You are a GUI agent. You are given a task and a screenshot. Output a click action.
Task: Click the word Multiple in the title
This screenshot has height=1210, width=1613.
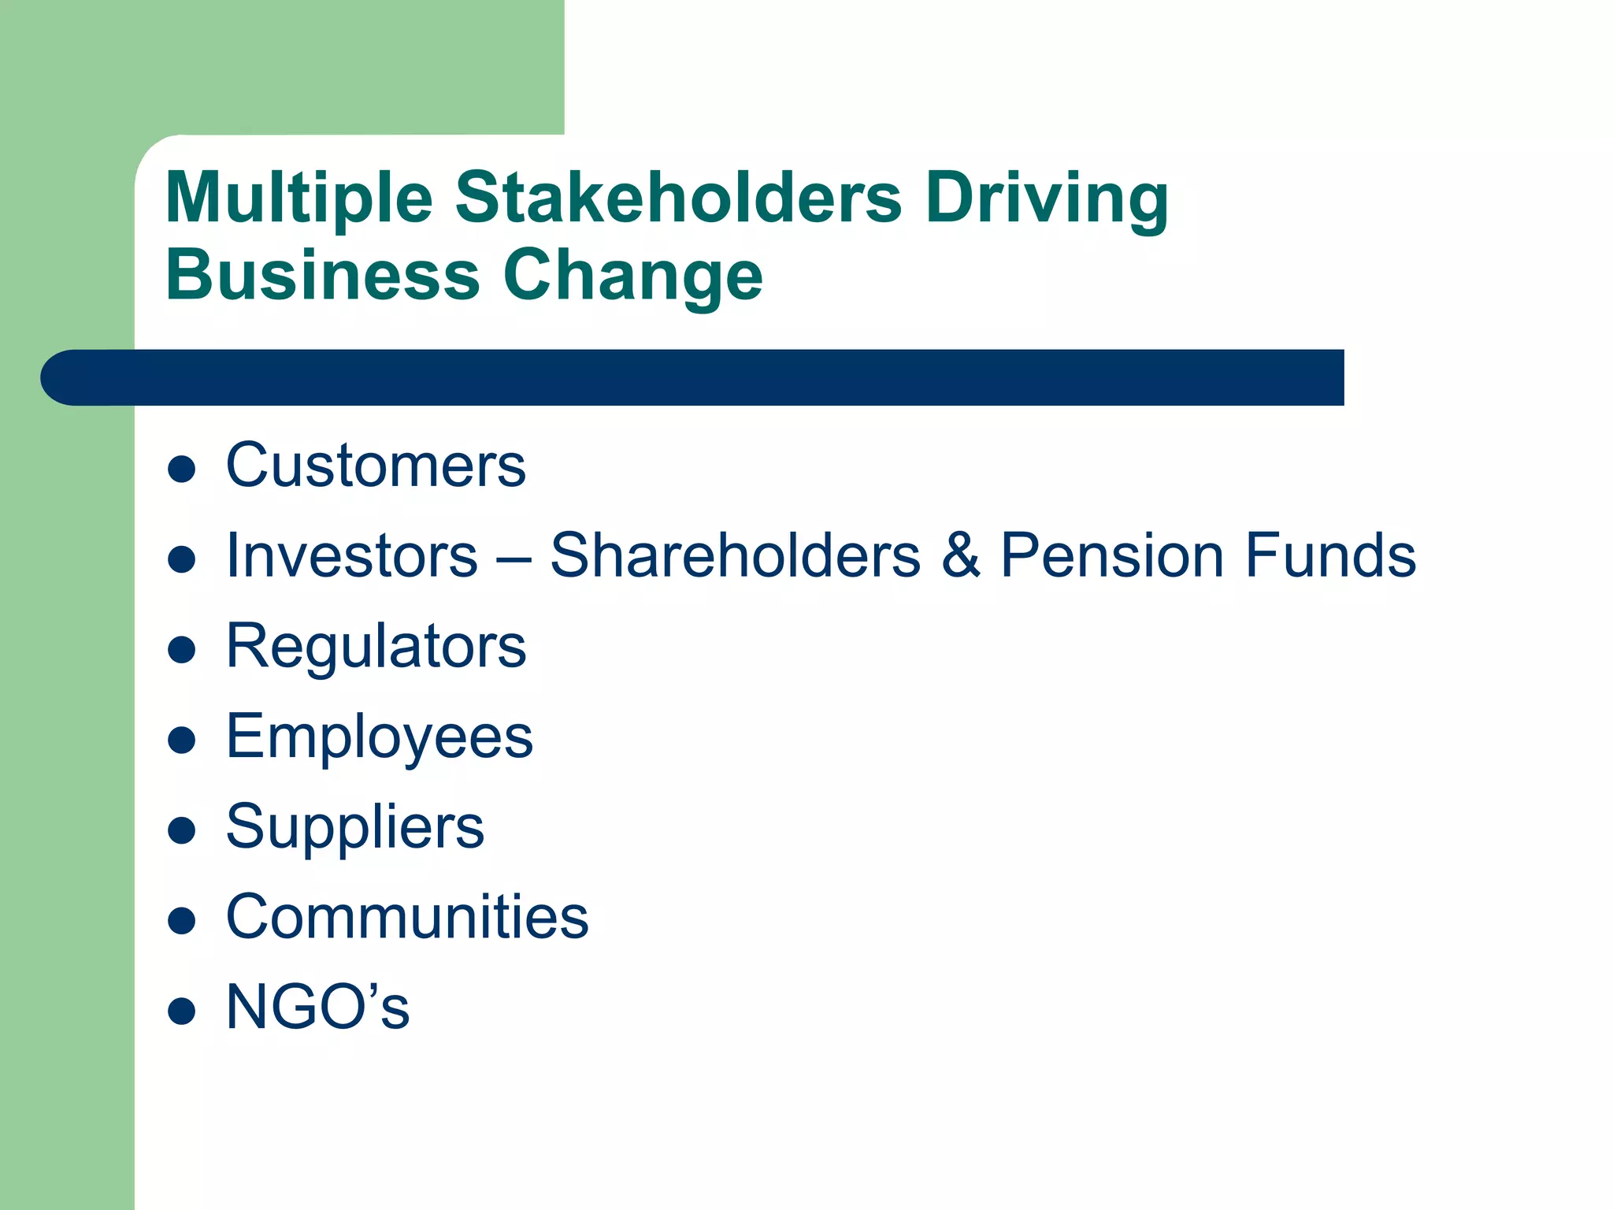299,198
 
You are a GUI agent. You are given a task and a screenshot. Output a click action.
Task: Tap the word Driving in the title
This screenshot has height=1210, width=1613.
1047,198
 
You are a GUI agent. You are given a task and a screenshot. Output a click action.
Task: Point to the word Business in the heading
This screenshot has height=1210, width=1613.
323,275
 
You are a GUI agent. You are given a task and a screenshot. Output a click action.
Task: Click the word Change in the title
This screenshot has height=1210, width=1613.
633,277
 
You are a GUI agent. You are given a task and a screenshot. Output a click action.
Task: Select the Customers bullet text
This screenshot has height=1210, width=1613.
376,466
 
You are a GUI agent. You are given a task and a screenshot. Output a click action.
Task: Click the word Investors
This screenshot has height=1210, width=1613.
352,556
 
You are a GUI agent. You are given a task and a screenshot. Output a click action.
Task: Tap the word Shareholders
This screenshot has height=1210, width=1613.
735,556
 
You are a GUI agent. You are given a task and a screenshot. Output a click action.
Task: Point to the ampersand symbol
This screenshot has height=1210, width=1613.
961,556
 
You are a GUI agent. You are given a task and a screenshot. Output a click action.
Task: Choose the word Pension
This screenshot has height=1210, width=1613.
1112,556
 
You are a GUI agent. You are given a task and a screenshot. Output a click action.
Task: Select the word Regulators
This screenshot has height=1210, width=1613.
376,648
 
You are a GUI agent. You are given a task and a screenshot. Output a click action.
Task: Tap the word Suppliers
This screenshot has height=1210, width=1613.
355,828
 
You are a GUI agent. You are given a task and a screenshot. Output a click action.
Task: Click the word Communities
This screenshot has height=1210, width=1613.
407,918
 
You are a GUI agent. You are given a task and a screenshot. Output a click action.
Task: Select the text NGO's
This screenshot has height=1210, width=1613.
317,1008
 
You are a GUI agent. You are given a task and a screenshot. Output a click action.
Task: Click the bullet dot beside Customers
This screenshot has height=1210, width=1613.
182,470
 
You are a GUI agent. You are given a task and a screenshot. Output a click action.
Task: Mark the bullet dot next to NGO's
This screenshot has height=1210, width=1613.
182,1011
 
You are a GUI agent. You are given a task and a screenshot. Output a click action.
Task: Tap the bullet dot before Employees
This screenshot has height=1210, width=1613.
182,740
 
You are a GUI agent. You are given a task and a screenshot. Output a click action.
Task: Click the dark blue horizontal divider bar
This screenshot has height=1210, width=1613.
693,377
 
